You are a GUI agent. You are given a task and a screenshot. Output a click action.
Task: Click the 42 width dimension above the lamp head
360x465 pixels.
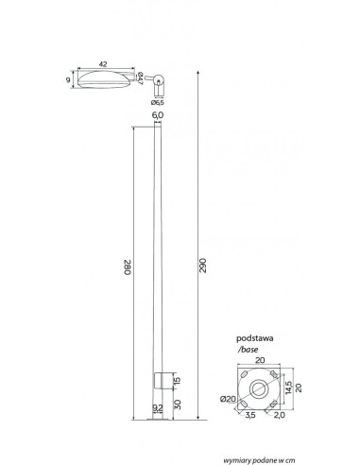pyautogui.click(x=103, y=64)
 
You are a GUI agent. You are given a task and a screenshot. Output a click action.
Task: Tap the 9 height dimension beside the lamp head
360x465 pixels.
pyautogui.click(x=68, y=80)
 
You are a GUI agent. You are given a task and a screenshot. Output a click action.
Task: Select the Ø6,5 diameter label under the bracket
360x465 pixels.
pyautogui.click(x=158, y=103)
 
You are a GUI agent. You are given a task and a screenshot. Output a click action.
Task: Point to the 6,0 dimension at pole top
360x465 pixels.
pyautogui.click(x=158, y=115)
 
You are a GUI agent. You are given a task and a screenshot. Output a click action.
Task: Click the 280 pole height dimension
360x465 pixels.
pyautogui.click(x=128, y=267)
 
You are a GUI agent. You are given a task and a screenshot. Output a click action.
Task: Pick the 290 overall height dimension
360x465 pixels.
pyautogui.click(x=203, y=266)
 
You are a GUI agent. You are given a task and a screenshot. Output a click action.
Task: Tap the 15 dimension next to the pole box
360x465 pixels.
pyautogui.click(x=178, y=380)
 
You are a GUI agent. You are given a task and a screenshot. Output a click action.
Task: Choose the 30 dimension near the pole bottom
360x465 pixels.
pyautogui.click(x=178, y=405)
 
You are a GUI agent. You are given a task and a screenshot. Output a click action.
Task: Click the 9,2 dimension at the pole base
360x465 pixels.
pyautogui.click(x=158, y=408)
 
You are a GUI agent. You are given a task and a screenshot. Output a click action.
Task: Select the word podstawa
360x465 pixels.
pyautogui.click(x=255, y=338)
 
